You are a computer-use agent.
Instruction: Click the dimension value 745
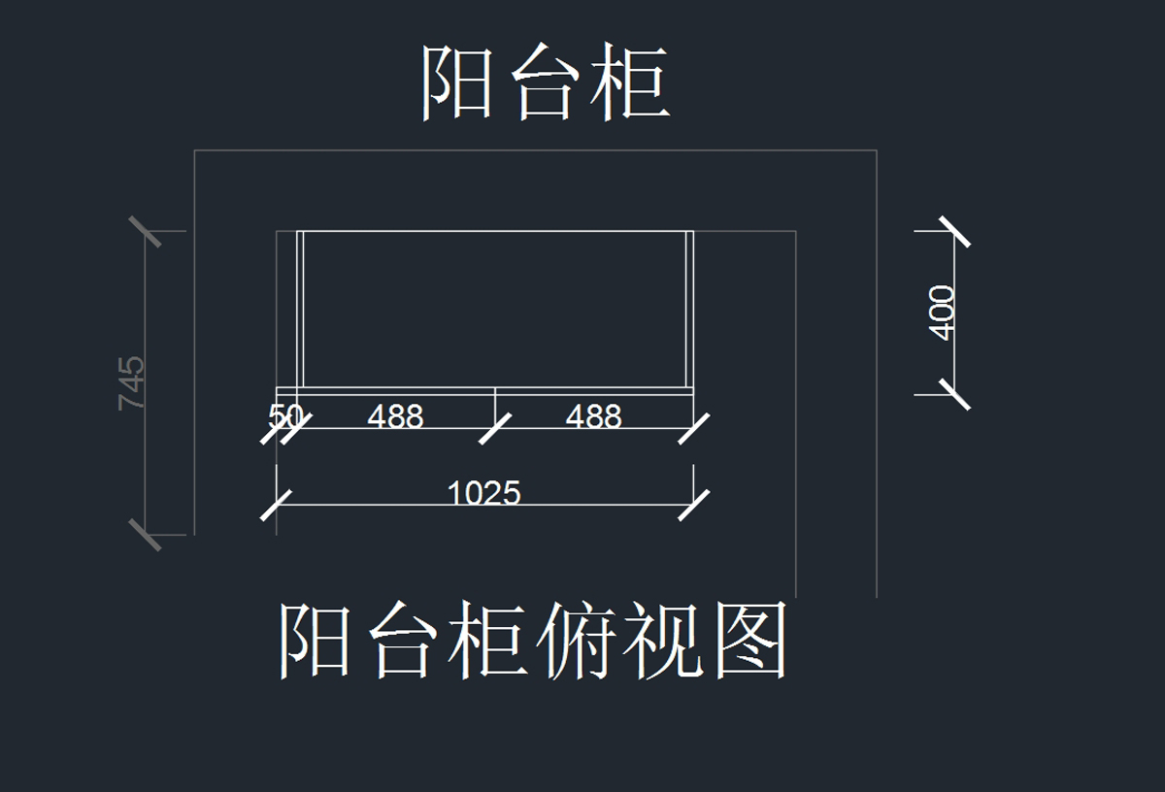tap(132, 382)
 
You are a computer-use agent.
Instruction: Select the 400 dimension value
tap(943, 312)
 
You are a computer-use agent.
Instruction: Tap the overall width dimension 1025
tap(483, 493)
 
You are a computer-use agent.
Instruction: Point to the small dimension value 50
tap(285, 416)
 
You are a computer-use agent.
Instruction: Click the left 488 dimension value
tap(395, 416)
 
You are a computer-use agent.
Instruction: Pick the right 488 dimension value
tap(593, 416)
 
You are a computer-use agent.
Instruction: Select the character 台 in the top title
tap(546, 84)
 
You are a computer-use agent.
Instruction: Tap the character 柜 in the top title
tap(634, 84)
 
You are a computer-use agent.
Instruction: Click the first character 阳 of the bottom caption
tap(315, 641)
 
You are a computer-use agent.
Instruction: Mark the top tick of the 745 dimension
tap(146, 232)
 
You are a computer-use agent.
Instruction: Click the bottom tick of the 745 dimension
tap(146, 534)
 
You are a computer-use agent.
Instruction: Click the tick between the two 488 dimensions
tap(495, 428)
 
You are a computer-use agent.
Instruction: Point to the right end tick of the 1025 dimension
tap(693, 505)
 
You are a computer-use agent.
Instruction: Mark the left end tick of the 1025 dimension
tap(277, 505)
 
